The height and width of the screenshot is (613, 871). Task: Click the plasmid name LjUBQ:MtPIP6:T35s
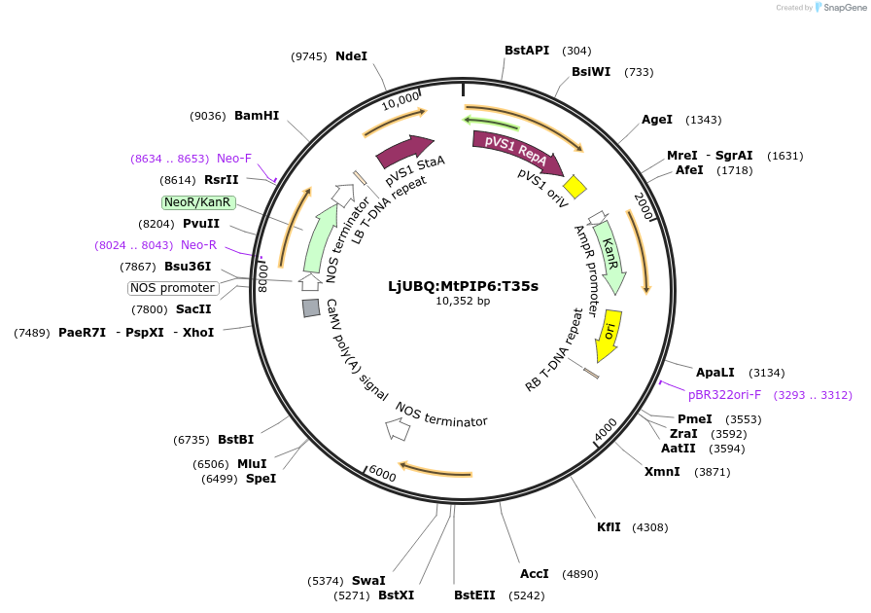click(463, 286)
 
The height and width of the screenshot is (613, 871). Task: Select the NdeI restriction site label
click(351, 56)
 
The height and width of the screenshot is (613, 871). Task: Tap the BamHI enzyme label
click(257, 116)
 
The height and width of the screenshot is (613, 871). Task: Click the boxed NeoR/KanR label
click(198, 202)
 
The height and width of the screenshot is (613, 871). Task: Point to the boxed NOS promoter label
click(173, 288)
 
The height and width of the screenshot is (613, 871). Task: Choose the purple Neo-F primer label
click(234, 159)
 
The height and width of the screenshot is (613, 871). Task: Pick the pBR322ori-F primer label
click(724, 395)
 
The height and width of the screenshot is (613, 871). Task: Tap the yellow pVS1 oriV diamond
click(575, 185)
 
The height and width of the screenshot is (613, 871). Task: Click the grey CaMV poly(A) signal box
click(311, 307)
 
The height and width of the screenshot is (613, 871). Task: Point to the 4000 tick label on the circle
click(605, 430)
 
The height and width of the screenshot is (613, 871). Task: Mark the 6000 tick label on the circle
click(382, 473)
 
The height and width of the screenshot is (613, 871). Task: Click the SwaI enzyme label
click(368, 581)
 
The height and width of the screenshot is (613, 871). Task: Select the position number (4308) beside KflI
click(649, 527)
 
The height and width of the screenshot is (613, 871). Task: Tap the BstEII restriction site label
click(478, 595)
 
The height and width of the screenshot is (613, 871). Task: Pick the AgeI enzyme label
click(657, 120)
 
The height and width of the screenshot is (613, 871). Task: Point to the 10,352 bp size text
click(463, 302)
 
